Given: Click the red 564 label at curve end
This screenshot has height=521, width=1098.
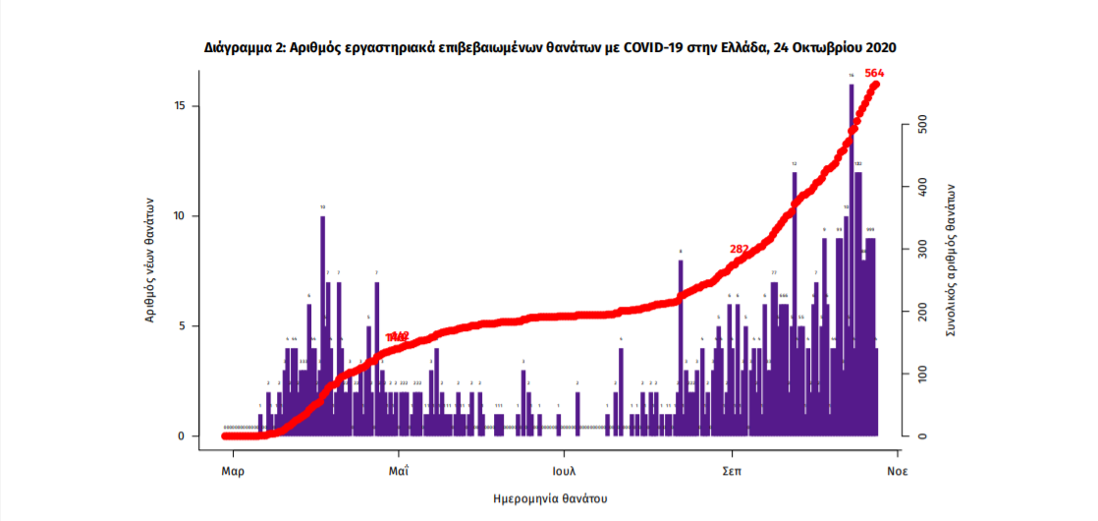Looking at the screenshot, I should pyautogui.click(x=874, y=73).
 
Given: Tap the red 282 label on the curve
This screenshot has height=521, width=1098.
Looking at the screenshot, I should pyautogui.click(x=740, y=249).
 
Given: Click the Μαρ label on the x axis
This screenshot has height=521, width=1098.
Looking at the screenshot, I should pyautogui.click(x=233, y=471).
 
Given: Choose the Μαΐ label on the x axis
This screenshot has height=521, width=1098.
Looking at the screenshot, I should pyautogui.click(x=399, y=471).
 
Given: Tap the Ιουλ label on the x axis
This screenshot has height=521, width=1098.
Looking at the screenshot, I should pyautogui.click(x=564, y=471).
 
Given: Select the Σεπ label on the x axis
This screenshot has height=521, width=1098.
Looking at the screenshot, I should pyautogui.click(x=731, y=471).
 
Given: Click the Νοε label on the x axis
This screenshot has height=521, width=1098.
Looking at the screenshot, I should pyautogui.click(x=897, y=471).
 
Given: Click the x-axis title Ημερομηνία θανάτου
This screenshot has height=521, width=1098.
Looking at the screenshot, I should pyautogui.click(x=550, y=498).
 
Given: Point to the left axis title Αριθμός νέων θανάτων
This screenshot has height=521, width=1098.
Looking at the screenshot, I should pyautogui.click(x=150, y=258).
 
